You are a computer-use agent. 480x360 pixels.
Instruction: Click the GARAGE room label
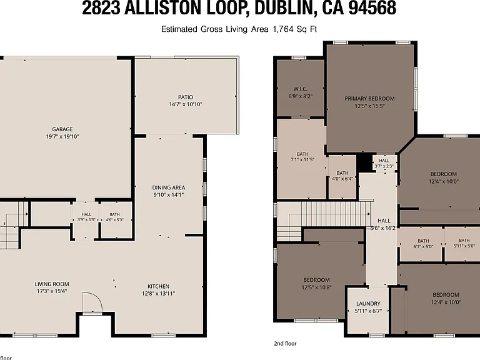point(62,129)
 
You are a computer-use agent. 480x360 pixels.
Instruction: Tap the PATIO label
point(186,97)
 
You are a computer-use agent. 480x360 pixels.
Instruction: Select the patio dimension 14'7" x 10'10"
point(186,104)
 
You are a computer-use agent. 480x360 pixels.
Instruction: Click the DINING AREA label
point(169,187)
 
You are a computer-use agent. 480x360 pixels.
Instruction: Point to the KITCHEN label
point(158,286)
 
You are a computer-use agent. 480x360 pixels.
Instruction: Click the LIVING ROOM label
point(52,284)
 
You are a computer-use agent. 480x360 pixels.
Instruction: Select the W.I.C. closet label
point(300,89)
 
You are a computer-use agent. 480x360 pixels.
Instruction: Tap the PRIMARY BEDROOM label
point(369,99)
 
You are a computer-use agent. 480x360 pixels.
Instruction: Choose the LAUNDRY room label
point(368,304)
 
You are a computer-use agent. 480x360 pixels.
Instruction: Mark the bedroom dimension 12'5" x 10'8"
point(316,287)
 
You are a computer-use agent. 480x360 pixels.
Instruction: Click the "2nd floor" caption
point(285,344)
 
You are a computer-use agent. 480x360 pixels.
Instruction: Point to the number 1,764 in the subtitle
point(280,29)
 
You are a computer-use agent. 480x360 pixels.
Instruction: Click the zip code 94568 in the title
point(372,8)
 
